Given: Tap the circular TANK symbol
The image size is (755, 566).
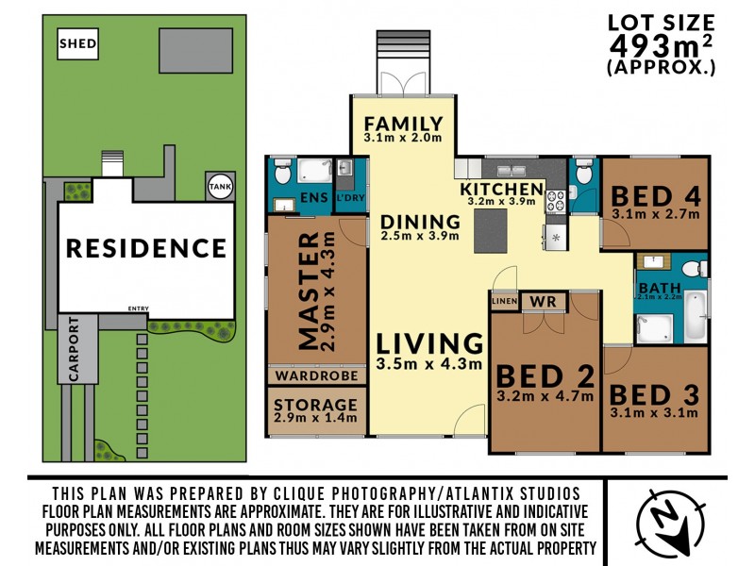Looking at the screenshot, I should (x=218, y=187).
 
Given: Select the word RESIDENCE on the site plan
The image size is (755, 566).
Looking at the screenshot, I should (x=145, y=249).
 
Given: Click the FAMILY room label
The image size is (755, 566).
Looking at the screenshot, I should (x=403, y=124).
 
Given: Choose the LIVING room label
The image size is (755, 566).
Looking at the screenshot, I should (x=429, y=343).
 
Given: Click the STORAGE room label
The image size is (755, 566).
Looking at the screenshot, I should (x=315, y=404).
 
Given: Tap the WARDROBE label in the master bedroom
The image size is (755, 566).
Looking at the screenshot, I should (x=315, y=375).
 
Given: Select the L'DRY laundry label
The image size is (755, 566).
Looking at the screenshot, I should (x=344, y=199).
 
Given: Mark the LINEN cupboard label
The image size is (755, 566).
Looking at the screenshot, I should (x=504, y=302).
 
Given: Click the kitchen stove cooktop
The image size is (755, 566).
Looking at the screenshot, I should (x=554, y=200).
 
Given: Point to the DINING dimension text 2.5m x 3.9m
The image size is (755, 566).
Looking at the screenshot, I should (x=420, y=236).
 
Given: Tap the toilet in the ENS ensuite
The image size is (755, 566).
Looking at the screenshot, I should (x=281, y=173).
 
